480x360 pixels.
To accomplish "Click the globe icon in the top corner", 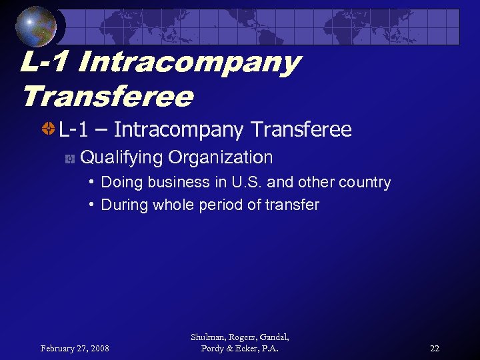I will [x=36, y=27].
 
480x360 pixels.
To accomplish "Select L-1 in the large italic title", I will [x=44, y=63].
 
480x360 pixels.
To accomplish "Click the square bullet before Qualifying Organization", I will [x=69, y=159].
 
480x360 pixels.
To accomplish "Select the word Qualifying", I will [x=121, y=158].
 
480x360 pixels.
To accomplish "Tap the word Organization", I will [x=221, y=158].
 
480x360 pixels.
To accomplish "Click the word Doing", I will [x=121, y=182].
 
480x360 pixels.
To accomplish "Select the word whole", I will [x=174, y=205].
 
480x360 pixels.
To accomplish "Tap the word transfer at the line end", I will [x=293, y=205].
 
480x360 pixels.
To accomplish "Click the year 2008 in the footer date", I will [x=99, y=348].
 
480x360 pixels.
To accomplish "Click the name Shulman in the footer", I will [x=207, y=338].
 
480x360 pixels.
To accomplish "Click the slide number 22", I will [x=435, y=348].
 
